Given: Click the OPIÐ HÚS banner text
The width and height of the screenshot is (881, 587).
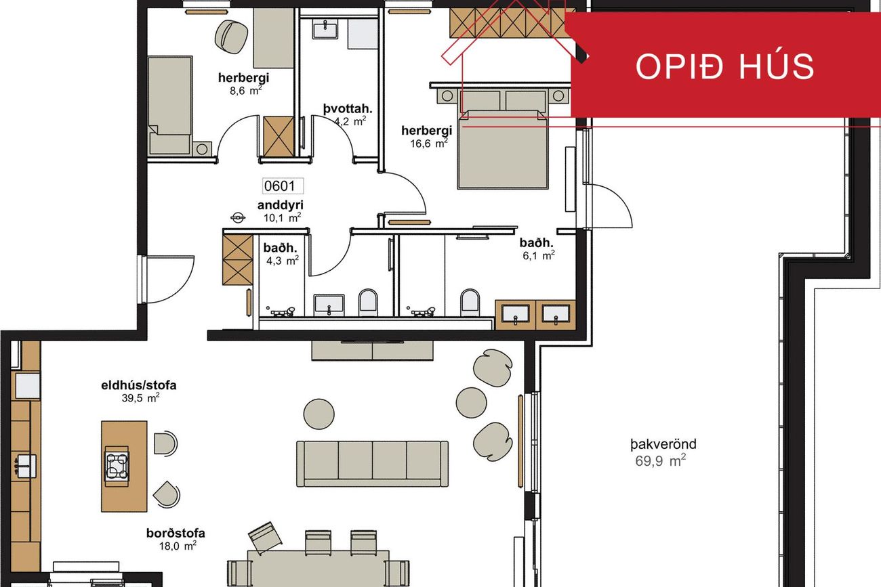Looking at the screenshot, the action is coord(724,66).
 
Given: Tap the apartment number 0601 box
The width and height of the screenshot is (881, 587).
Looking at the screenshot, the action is coord(283,186).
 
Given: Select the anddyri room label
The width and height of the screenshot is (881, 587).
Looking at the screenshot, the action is coord(281,205).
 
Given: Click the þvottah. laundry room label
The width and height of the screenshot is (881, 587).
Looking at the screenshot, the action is coord(348,108).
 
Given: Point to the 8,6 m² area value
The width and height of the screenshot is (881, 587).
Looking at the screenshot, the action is coord(246,90).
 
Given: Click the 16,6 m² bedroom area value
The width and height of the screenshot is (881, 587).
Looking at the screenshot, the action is coord(429,143).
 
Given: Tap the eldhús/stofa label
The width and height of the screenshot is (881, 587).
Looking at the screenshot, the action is coord(139,385).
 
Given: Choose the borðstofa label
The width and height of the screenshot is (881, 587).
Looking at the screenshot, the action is coord(176,533).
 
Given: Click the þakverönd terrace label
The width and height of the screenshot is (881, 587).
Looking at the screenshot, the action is coord(663,444).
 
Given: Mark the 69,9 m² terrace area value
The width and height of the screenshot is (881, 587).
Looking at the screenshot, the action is coord(660,460).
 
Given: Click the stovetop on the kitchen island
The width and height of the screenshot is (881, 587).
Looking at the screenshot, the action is coord(117,466).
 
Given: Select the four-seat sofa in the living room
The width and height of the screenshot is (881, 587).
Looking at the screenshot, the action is coord(372,464).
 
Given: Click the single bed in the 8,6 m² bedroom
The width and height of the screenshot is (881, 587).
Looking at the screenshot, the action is coord(171,106).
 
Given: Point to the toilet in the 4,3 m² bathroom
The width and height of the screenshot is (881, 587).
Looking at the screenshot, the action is coord(368,303).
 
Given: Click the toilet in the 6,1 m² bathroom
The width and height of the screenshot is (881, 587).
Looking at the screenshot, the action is coord(470,303).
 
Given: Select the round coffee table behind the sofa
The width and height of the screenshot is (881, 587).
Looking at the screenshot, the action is coord(319,414).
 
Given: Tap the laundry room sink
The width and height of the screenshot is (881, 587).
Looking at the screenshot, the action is coord(325,29).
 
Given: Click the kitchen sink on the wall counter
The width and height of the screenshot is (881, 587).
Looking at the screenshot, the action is coord(26,466).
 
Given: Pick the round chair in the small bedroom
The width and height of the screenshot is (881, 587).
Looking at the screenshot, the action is coord(231,37).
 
